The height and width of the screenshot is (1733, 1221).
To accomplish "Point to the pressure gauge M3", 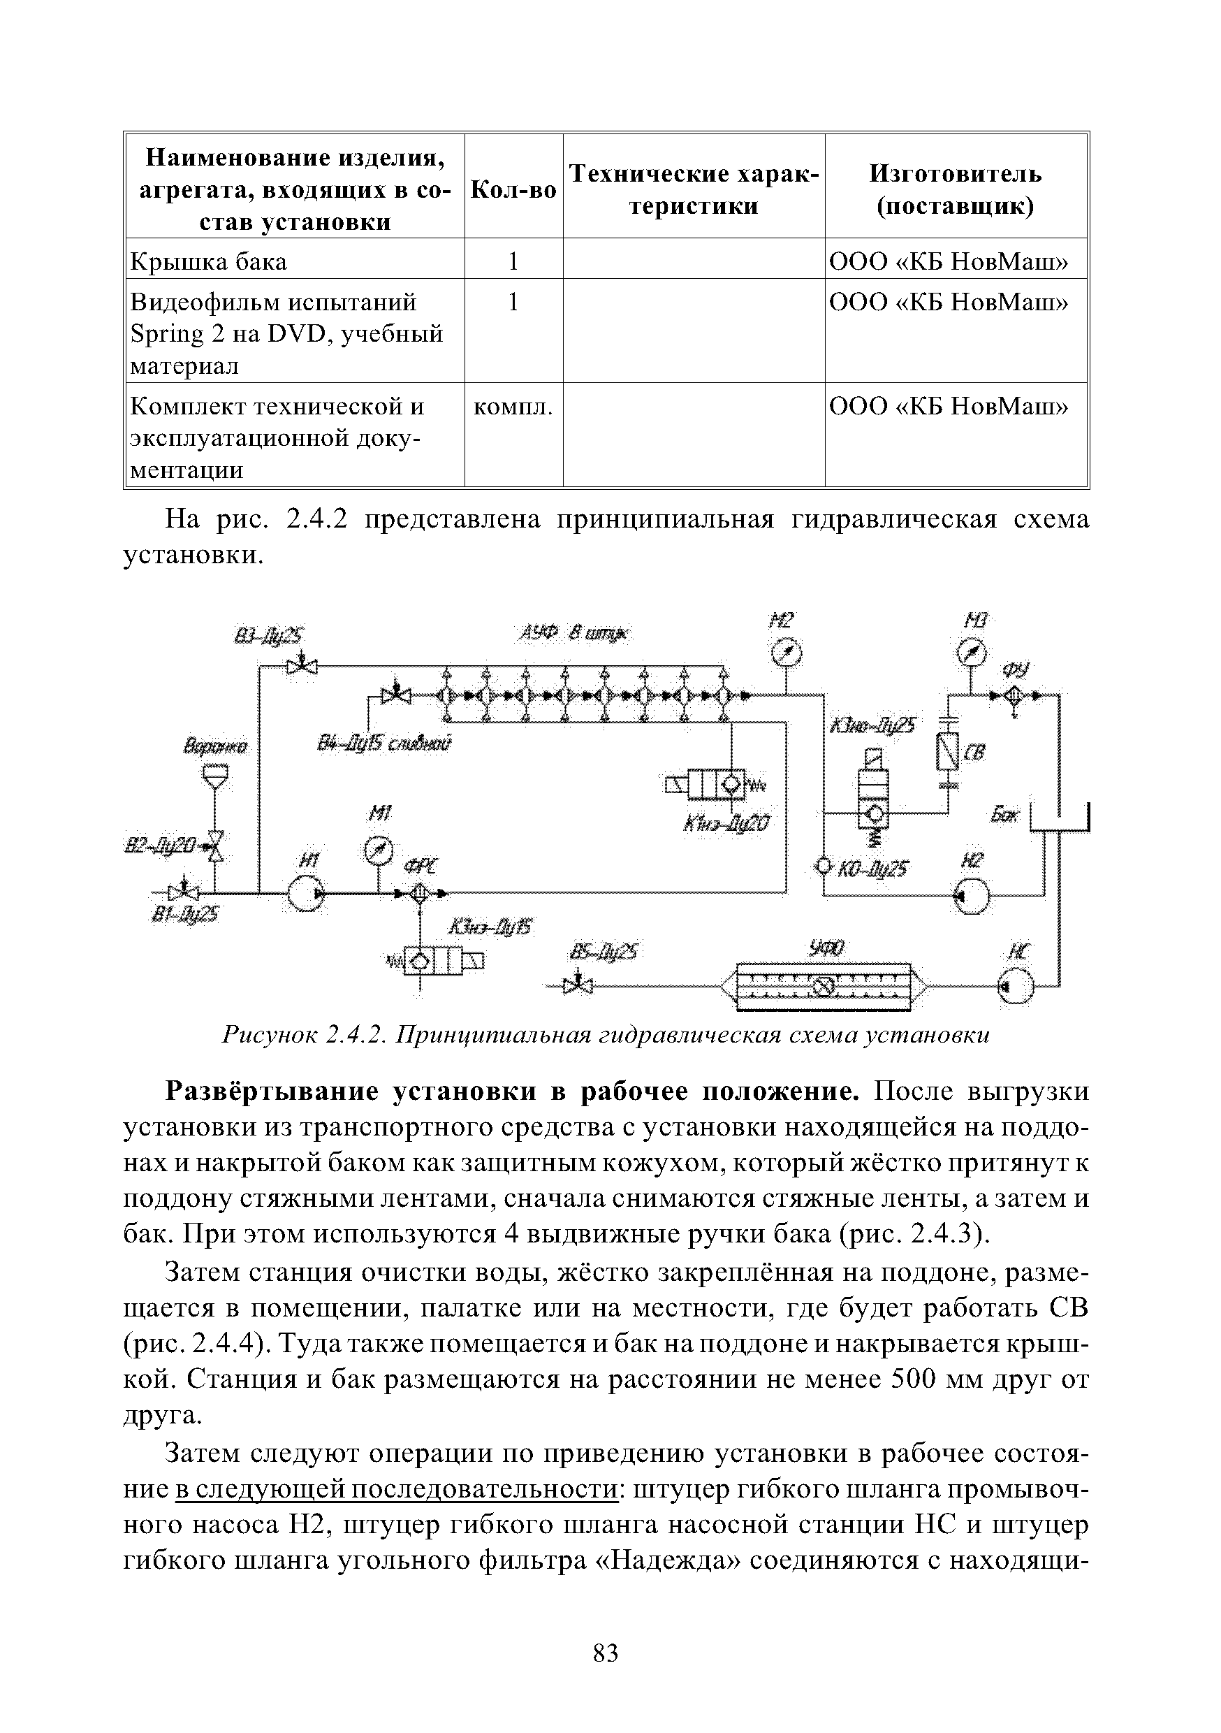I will tap(972, 652).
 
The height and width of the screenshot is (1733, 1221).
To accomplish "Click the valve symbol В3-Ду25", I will tap(302, 667).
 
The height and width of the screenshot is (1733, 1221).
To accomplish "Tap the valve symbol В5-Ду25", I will tap(579, 986).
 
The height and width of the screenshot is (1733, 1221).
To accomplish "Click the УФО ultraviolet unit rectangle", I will tap(824, 987).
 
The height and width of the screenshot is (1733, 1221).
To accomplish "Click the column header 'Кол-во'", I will tap(513, 190).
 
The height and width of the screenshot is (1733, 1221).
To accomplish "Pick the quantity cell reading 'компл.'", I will tap(513, 407).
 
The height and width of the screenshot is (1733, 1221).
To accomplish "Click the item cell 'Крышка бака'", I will tap(209, 262).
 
